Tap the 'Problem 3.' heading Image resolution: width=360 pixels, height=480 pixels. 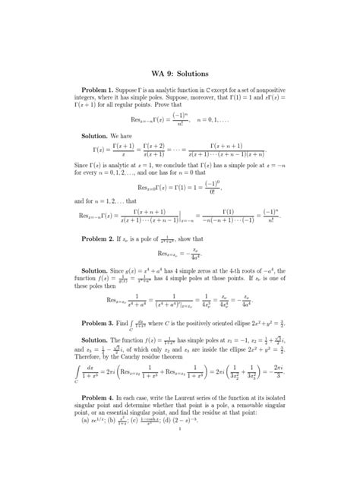109,323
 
